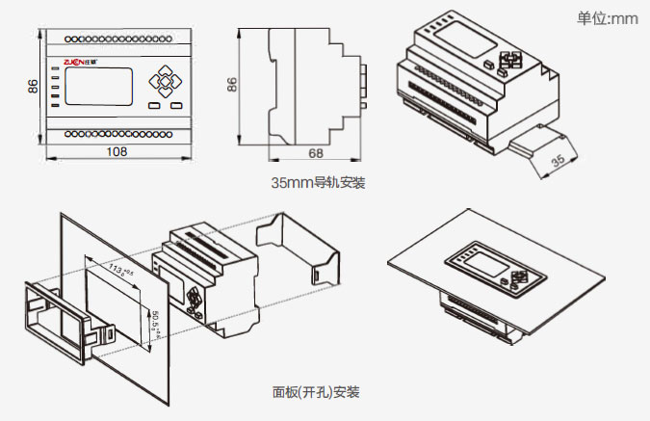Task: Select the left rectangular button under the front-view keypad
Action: point(155,105)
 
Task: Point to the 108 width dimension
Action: point(117,151)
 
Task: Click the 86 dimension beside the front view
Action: point(33,86)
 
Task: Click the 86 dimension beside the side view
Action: point(232,86)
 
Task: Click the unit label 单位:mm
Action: point(608,18)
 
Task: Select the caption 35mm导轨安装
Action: point(318,181)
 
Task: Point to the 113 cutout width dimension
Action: point(121,271)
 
